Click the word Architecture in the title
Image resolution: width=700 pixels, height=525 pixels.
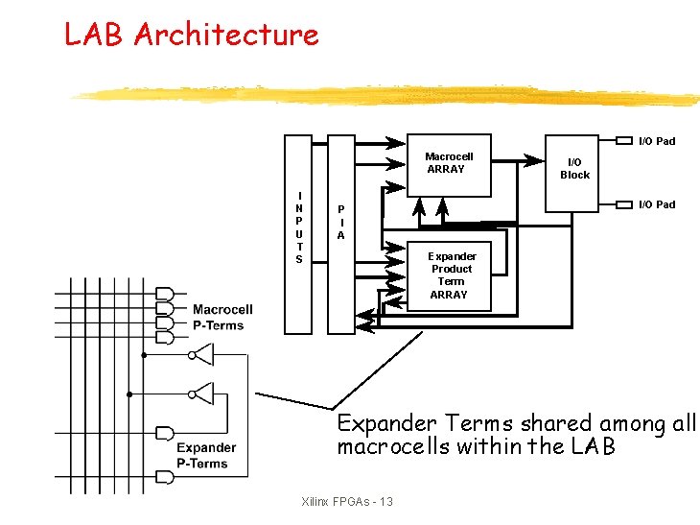226,36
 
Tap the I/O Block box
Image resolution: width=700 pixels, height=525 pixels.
574,170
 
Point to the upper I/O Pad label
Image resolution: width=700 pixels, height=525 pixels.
657,141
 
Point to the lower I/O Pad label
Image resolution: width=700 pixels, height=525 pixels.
657,204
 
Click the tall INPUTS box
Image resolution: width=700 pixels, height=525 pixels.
299,234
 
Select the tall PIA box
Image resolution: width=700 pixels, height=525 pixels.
340,234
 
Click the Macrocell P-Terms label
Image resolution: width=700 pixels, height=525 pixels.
222,317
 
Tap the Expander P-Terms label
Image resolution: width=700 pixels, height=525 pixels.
205,455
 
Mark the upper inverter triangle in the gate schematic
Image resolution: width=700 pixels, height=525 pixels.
202,356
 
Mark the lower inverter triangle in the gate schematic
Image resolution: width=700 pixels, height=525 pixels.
202,393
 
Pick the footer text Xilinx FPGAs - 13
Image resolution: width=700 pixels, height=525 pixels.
346,502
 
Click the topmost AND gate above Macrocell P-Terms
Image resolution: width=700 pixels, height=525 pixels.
164,293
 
